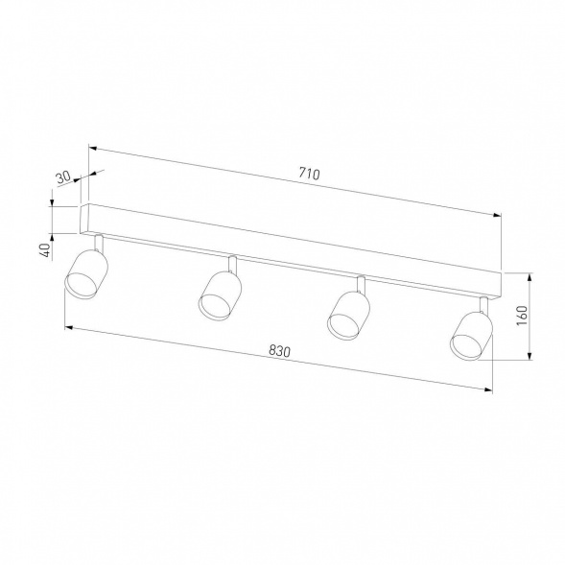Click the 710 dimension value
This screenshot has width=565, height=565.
[x=308, y=174]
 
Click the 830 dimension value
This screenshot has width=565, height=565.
[x=278, y=352]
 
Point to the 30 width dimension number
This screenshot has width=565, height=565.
[x=63, y=178]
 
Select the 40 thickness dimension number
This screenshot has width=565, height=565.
[x=44, y=249]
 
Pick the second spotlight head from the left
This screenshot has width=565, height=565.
[x=220, y=294]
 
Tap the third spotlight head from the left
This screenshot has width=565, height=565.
[x=348, y=313]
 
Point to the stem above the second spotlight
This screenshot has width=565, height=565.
[x=232, y=264]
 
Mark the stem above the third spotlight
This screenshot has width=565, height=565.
[x=361, y=284]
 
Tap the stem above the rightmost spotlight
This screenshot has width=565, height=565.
[x=483, y=303]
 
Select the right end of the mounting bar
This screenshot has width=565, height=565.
[x=499, y=282]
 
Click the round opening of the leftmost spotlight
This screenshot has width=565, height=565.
[x=78, y=282]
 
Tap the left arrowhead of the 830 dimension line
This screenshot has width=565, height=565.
[x=67, y=327]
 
